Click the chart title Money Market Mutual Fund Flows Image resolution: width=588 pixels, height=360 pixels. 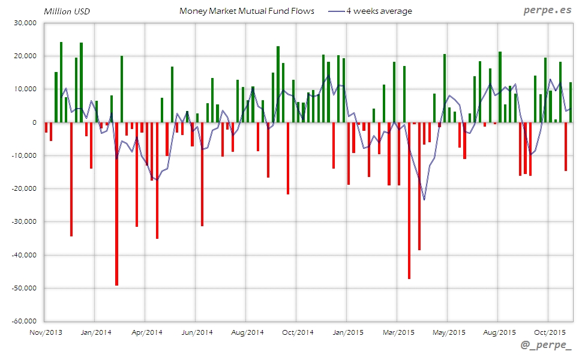[247, 11]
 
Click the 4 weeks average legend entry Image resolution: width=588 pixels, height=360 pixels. [379, 11]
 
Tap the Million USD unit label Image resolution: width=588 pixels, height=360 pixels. [67, 11]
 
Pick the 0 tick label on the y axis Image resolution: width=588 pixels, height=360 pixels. [35, 122]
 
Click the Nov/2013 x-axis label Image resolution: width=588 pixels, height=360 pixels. [46, 332]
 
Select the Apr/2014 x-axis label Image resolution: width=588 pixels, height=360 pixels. [146, 332]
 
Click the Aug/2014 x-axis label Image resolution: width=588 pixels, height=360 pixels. [247, 332]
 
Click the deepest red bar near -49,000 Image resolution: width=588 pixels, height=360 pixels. [116, 204]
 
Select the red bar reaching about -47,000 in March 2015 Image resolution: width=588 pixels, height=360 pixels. [409, 200]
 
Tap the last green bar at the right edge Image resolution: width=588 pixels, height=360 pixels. [571, 103]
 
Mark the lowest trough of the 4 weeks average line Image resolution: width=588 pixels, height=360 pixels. [424, 199]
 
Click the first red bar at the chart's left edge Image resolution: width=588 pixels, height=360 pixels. [46, 127]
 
